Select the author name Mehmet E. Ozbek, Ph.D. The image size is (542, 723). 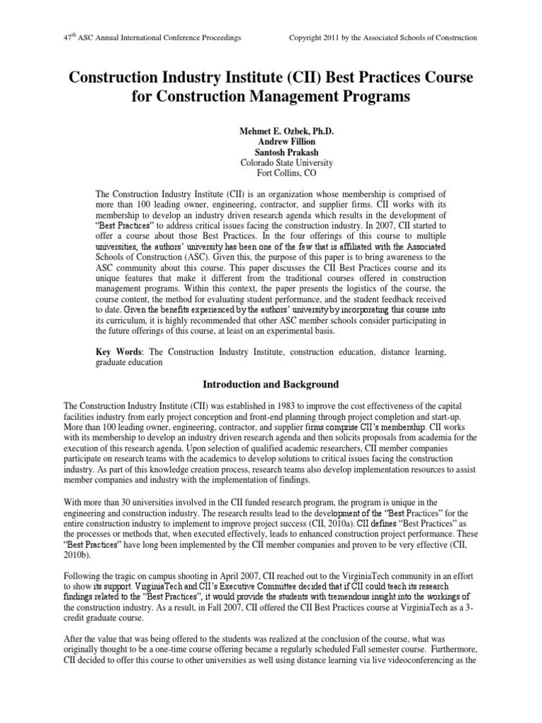270,131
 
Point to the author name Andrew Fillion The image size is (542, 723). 270,141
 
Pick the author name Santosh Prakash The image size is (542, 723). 270,152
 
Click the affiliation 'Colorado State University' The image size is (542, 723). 270,162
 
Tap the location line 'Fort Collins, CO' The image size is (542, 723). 270,173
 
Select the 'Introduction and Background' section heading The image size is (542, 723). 271,385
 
